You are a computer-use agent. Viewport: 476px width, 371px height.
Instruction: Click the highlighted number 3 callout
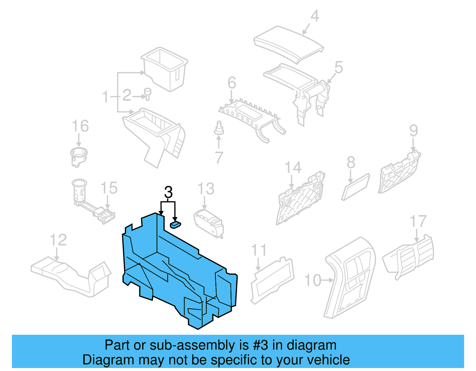tap(168, 192)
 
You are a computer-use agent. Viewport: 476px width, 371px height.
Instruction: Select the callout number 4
tap(315, 16)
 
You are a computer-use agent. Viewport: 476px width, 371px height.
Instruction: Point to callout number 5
tap(339, 67)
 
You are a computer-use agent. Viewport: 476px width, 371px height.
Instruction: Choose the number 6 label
tap(232, 83)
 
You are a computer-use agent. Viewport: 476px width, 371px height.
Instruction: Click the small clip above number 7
tap(219, 128)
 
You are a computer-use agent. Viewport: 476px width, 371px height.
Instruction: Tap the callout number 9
tap(414, 131)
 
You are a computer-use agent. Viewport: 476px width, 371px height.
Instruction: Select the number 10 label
tap(313, 280)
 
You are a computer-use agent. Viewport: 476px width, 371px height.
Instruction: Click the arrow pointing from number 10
tap(328, 280)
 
